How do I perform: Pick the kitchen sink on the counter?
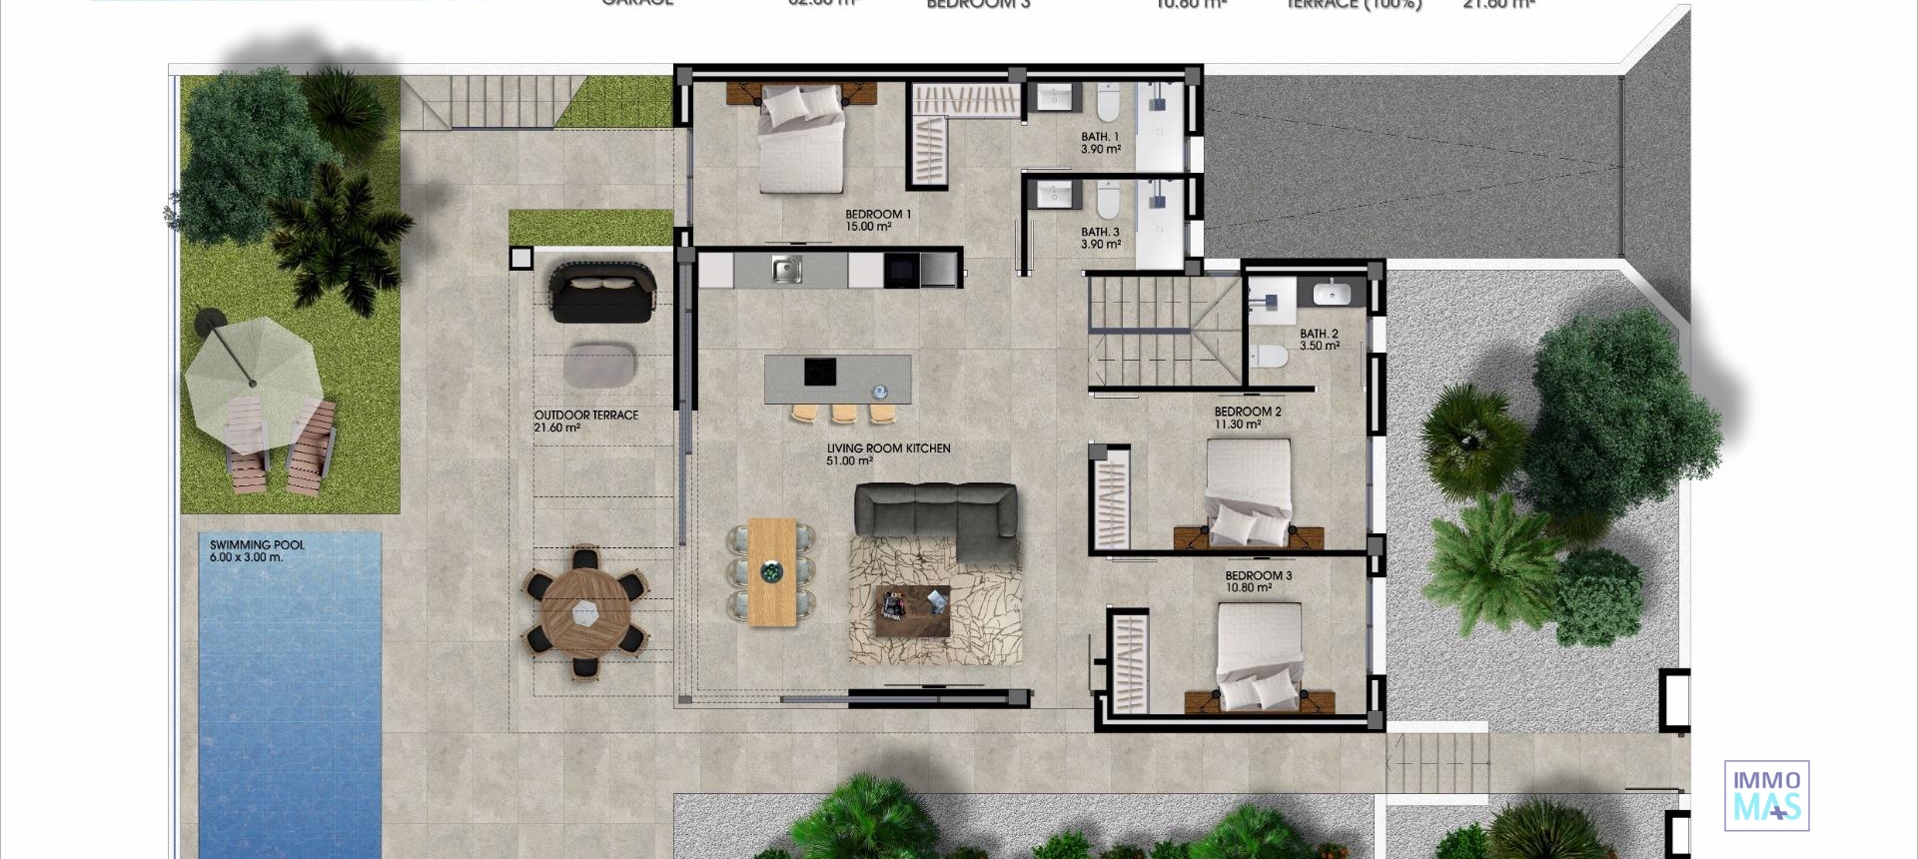point(786,269)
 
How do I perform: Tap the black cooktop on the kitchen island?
point(820,372)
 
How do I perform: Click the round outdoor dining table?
point(586,611)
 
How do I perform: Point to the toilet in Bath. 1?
point(1108,102)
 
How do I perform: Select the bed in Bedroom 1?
point(801,138)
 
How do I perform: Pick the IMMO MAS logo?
point(1766,795)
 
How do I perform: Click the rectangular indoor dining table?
point(771,571)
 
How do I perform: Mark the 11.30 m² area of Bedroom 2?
point(1237,425)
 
